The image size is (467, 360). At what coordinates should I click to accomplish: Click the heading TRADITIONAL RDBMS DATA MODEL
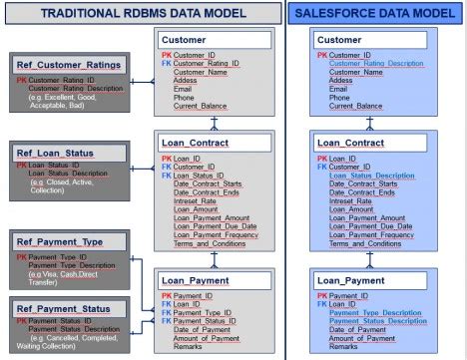[x=139, y=12]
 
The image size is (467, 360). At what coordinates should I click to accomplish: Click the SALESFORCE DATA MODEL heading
[x=378, y=12]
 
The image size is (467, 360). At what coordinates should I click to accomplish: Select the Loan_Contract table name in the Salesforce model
[x=351, y=144]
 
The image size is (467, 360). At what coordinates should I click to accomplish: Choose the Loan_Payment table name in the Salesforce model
[x=352, y=281]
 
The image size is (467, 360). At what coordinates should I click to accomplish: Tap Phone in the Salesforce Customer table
[x=340, y=98]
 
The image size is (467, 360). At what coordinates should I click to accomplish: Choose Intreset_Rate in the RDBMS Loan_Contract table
[x=200, y=201]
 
